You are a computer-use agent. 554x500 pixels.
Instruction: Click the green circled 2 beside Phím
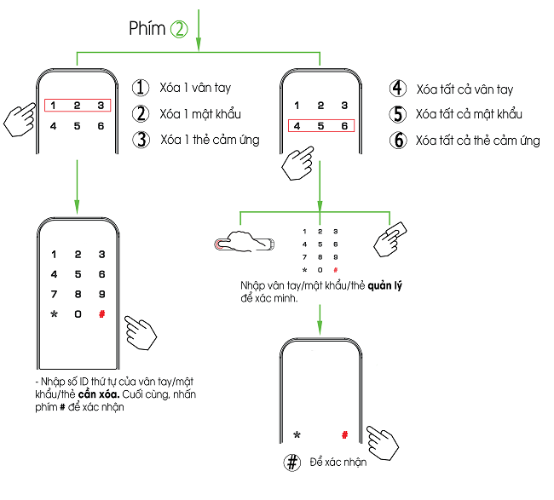[179, 28]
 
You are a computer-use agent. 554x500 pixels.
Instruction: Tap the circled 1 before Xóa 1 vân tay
[141, 88]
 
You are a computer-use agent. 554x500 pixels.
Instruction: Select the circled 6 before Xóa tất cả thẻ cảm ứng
[397, 141]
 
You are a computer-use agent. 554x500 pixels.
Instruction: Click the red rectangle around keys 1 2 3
[77, 106]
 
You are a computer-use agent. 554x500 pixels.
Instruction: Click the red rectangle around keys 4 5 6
[320, 126]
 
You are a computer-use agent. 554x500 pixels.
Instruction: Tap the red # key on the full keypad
[101, 314]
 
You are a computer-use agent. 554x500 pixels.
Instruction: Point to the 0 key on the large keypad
[78, 314]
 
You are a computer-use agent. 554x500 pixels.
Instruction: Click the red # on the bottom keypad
[345, 434]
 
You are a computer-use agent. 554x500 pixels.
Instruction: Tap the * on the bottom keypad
[297, 435]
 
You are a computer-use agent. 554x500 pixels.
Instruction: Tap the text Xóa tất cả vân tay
[465, 89]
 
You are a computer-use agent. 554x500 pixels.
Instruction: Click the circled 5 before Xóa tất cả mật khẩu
[397, 114]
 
